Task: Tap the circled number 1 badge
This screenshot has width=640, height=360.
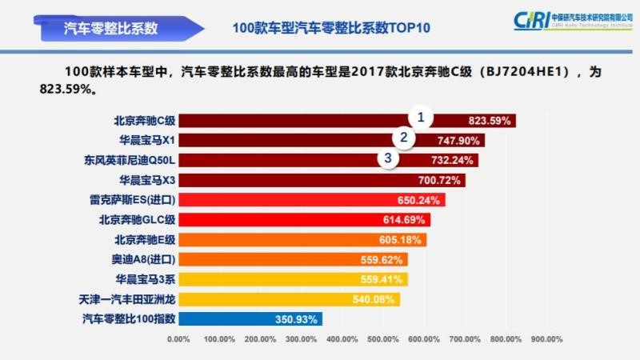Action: point(421,118)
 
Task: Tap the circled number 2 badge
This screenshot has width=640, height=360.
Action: point(405,138)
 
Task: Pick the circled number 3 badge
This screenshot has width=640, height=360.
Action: point(389,158)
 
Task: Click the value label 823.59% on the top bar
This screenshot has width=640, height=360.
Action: point(489,121)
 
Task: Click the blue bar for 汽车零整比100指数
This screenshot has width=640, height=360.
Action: point(250,318)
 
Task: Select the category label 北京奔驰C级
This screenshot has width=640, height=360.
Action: point(144,121)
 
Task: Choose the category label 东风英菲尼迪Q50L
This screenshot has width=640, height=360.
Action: point(129,160)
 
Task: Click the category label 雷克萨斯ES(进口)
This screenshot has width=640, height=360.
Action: point(132,200)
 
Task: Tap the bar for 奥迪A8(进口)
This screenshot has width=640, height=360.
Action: point(292,259)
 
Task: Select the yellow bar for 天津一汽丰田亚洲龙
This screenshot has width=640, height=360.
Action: point(288,299)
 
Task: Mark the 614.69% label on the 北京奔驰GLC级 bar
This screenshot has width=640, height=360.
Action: point(405,220)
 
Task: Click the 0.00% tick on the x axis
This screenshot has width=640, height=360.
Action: point(178,339)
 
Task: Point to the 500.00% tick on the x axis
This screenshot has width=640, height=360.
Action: point(383,339)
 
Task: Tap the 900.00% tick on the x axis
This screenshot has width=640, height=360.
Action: point(547,339)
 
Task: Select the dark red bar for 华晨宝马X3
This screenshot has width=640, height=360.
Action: point(320,180)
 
